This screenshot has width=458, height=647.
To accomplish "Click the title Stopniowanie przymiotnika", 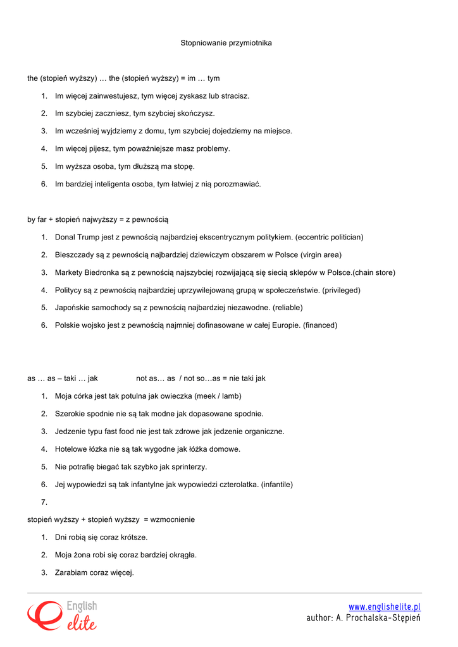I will coord(226,43).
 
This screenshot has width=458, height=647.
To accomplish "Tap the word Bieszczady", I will coord(75,255).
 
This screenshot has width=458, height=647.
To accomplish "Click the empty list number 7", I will coord(44,502).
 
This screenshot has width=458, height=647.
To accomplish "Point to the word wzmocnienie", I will coord(173,519).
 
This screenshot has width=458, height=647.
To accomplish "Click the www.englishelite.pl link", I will coord(385,607).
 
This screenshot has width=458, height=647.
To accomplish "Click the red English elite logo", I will coord(61,615).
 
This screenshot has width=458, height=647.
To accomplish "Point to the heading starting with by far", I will coord(97,220).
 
